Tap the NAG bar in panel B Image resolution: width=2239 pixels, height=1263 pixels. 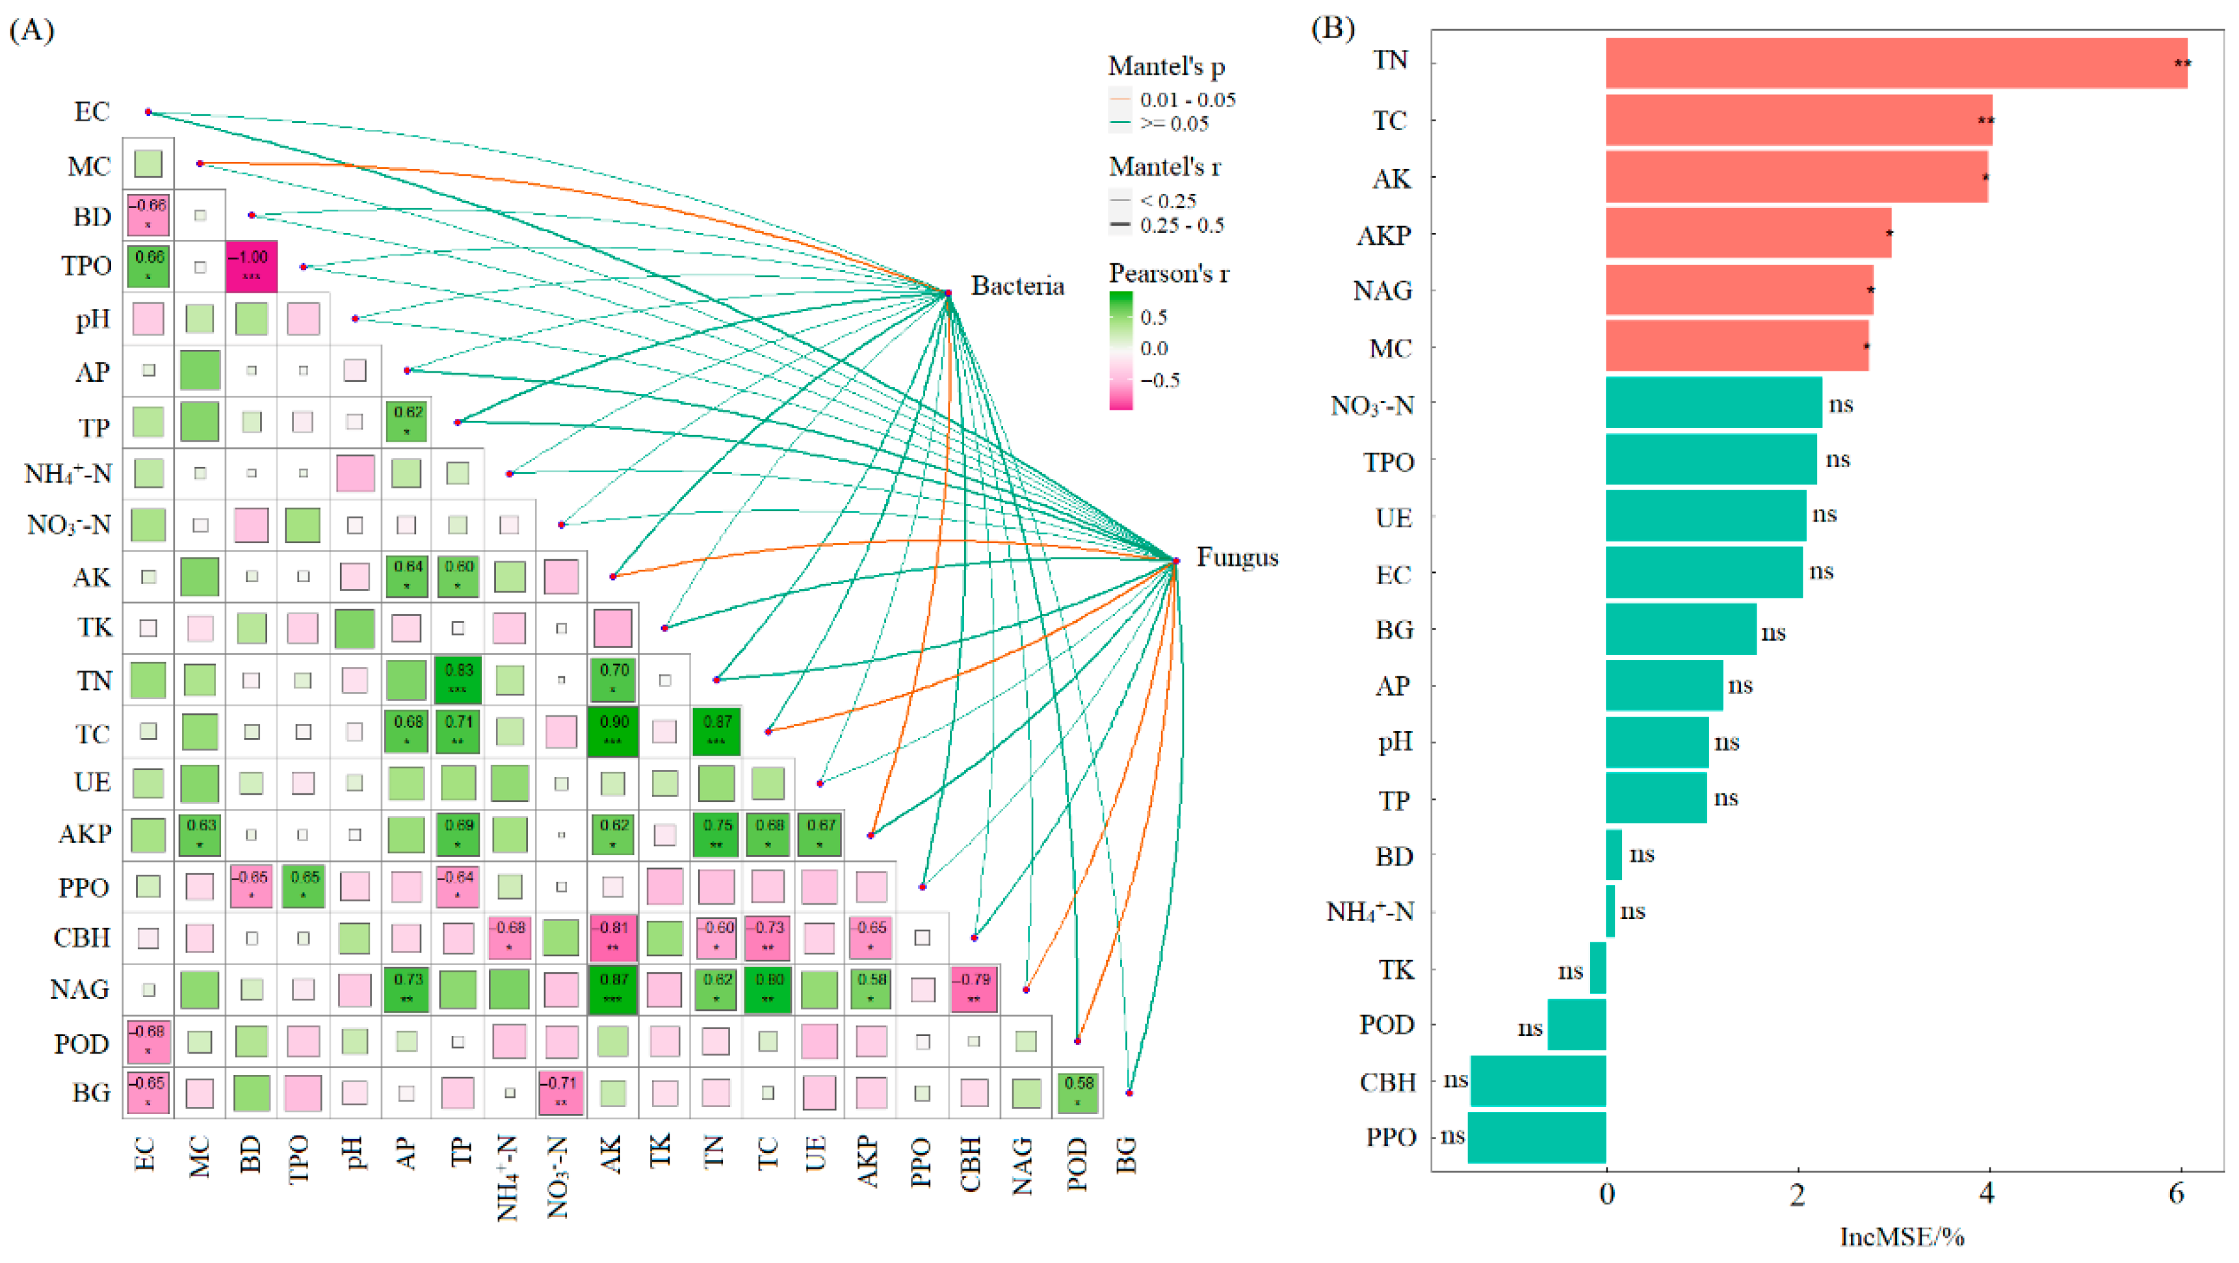1738,289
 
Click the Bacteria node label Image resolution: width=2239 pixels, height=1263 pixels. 1017,286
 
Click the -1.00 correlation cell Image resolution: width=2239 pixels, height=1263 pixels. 251,266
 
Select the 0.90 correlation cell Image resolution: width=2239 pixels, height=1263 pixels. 613,731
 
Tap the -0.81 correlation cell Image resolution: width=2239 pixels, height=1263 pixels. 613,937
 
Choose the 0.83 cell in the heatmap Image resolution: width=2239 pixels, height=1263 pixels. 458,679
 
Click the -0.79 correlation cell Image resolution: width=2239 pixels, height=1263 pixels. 973,989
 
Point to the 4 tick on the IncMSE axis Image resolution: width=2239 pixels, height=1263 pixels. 1987,1194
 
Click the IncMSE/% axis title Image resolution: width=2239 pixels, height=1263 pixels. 1902,1237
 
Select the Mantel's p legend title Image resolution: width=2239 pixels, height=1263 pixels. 1166,66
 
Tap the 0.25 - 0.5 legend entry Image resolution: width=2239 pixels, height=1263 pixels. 1181,225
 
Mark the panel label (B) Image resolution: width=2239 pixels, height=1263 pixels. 1331,29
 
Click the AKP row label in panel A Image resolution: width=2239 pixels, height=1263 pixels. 85,834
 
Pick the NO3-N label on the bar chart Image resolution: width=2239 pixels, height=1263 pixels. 1372,405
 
